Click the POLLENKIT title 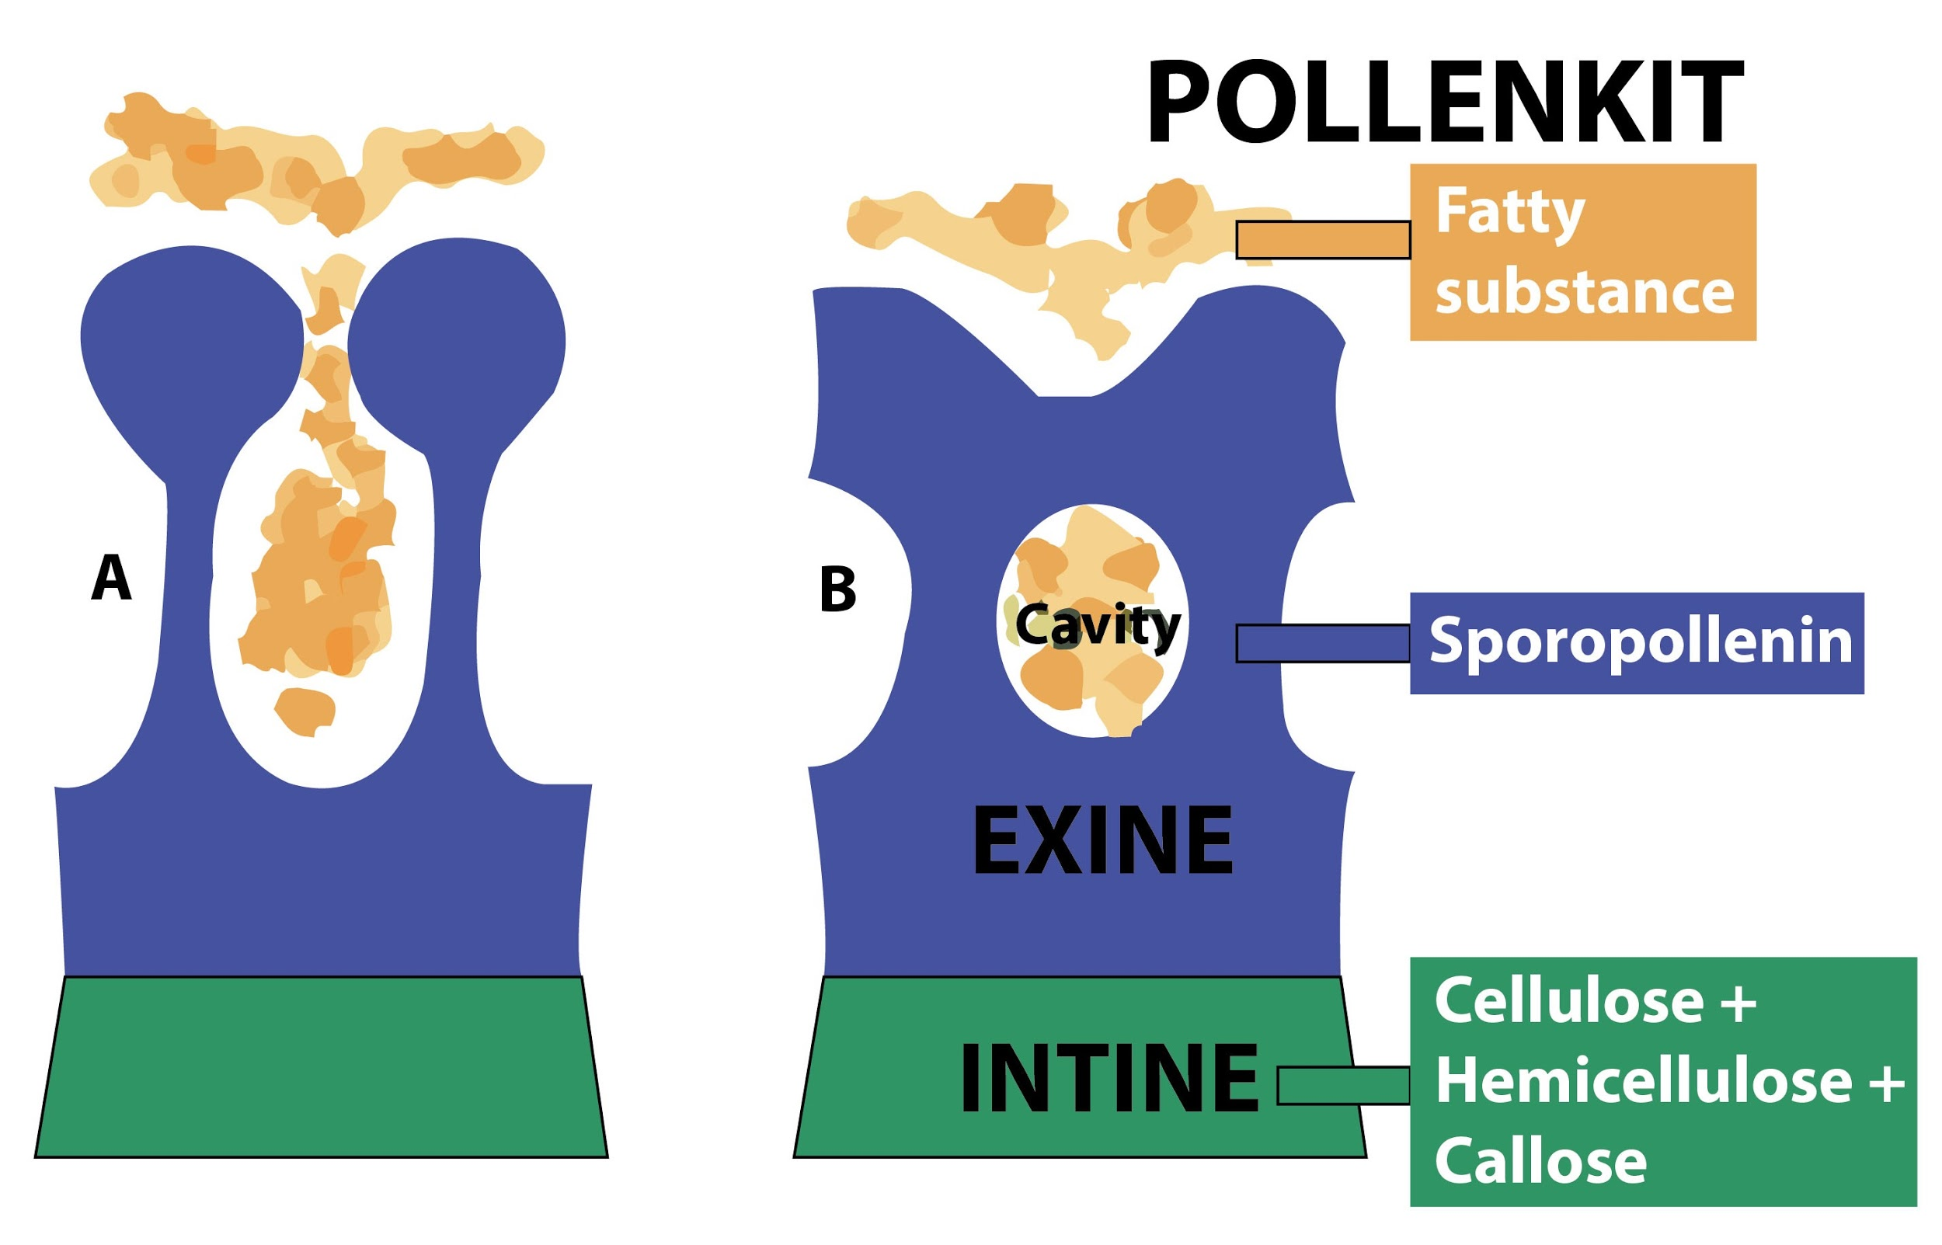tap(1444, 103)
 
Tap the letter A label tap(111, 577)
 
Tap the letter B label tap(837, 589)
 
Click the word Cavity tap(1097, 625)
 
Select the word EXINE tap(1103, 841)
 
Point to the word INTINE tap(1108, 1079)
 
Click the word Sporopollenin tap(1641, 641)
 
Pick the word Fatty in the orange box tap(1509, 212)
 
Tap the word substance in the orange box tap(1585, 292)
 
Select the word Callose tap(1540, 1162)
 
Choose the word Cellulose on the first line tap(1568, 1002)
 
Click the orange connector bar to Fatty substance tap(1324, 240)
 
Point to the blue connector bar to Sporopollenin tap(1324, 644)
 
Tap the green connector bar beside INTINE tap(1343, 1085)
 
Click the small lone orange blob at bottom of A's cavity tap(305, 711)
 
